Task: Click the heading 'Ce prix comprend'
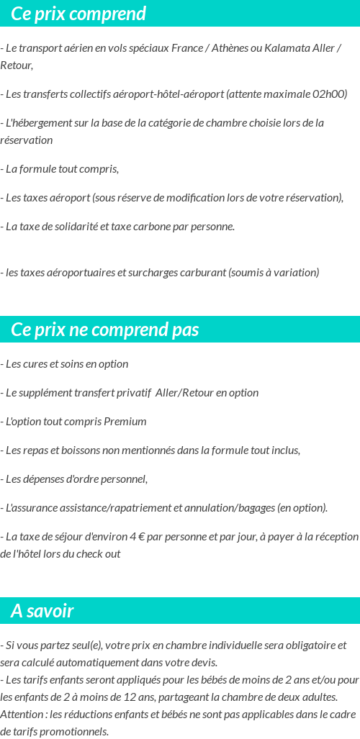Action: (78, 14)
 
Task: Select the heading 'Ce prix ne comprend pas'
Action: (105, 330)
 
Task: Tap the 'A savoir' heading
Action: (42, 611)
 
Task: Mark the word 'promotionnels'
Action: (73, 732)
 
